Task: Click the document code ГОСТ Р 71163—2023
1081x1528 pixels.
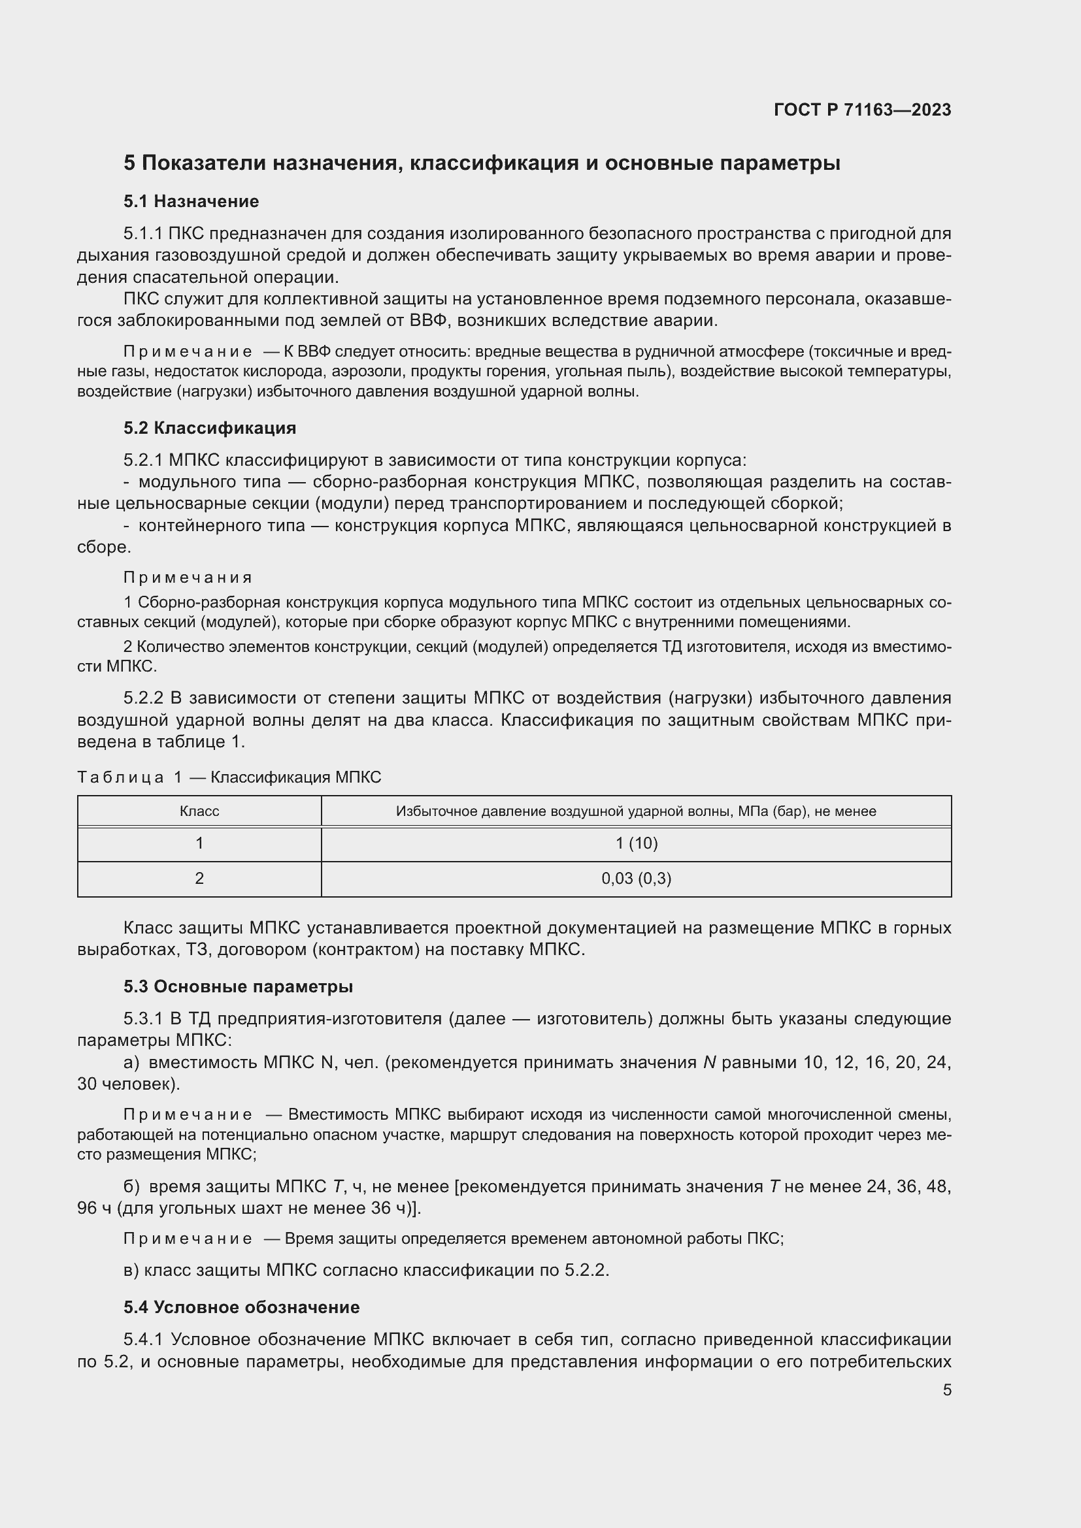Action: click(862, 110)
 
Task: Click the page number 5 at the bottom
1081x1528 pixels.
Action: click(946, 1390)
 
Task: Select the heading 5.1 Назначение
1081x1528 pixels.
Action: click(191, 202)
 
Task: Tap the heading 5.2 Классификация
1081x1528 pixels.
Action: click(210, 428)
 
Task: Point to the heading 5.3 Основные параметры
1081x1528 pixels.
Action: click(238, 987)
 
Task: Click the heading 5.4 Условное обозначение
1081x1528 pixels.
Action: click(241, 1307)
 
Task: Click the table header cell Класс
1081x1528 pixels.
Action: click(199, 811)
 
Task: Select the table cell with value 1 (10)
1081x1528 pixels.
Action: click(636, 844)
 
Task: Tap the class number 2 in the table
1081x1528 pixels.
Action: click(199, 879)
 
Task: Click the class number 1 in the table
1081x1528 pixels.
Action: click(199, 844)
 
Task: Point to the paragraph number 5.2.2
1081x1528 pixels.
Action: click(143, 698)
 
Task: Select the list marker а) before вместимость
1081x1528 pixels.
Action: click(131, 1062)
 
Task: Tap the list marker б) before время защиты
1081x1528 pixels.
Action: click(131, 1186)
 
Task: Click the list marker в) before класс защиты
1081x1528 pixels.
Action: click(131, 1271)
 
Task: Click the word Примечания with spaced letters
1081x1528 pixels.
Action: click(187, 577)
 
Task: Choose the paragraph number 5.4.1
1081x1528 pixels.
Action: click(143, 1339)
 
